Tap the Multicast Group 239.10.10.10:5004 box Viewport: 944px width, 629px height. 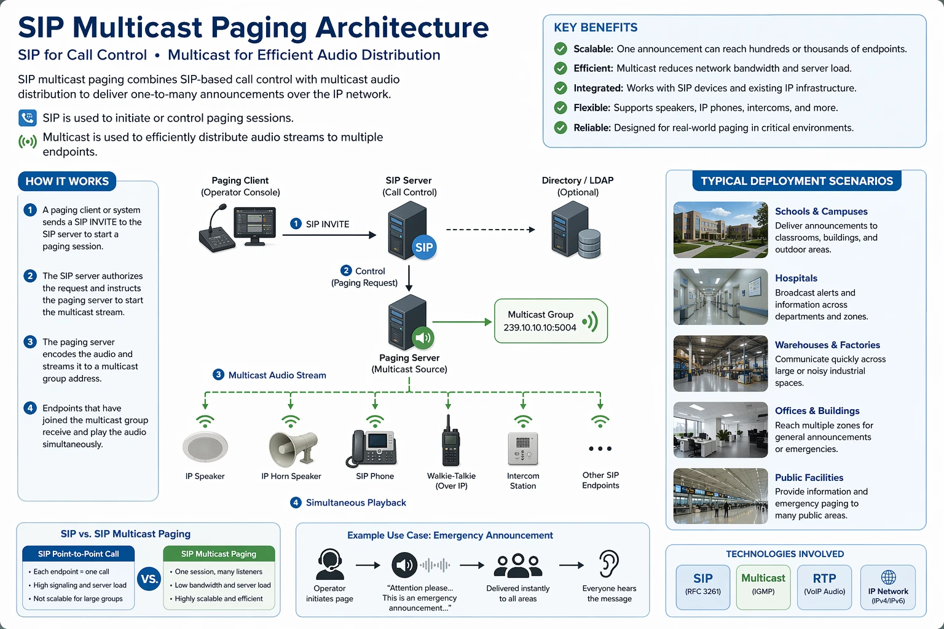point(551,321)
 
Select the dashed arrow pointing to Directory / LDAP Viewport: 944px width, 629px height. point(490,230)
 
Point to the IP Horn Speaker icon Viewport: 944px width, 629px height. point(293,448)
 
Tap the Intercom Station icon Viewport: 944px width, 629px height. point(523,448)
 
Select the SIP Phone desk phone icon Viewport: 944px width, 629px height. point(374,448)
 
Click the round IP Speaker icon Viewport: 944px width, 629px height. point(205,447)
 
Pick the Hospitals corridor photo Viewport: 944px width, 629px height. point(720,297)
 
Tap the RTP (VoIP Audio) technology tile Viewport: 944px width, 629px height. point(824,587)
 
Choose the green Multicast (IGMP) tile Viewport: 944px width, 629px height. point(763,587)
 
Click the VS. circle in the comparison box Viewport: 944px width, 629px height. point(149,579)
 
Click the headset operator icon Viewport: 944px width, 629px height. point(329,565)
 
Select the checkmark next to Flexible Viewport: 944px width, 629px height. point(560,108)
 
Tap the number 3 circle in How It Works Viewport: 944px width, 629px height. point(29,342)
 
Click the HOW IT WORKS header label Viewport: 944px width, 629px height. point(67,181)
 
